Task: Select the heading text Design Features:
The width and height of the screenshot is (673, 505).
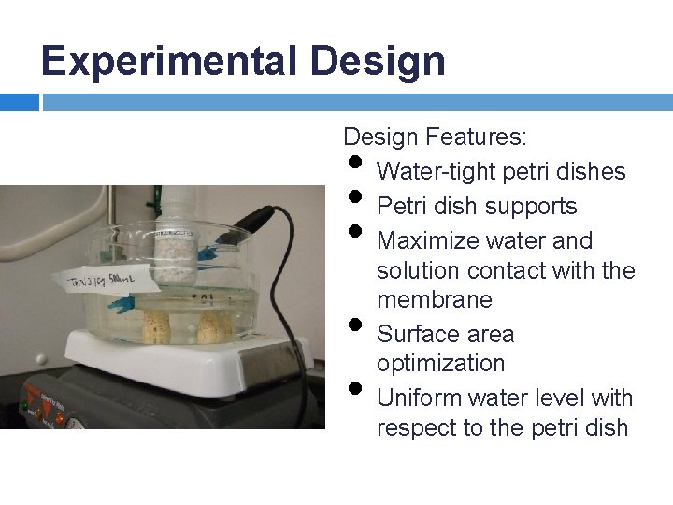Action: [x=435, y=137]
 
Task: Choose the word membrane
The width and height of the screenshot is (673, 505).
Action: [x=434, y=299]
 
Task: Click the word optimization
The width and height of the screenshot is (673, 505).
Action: [x=440, y=363]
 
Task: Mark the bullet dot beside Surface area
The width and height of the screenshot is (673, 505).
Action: [x=354, y=325]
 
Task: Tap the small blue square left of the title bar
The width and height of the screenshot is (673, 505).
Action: [x=19, y=102]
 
